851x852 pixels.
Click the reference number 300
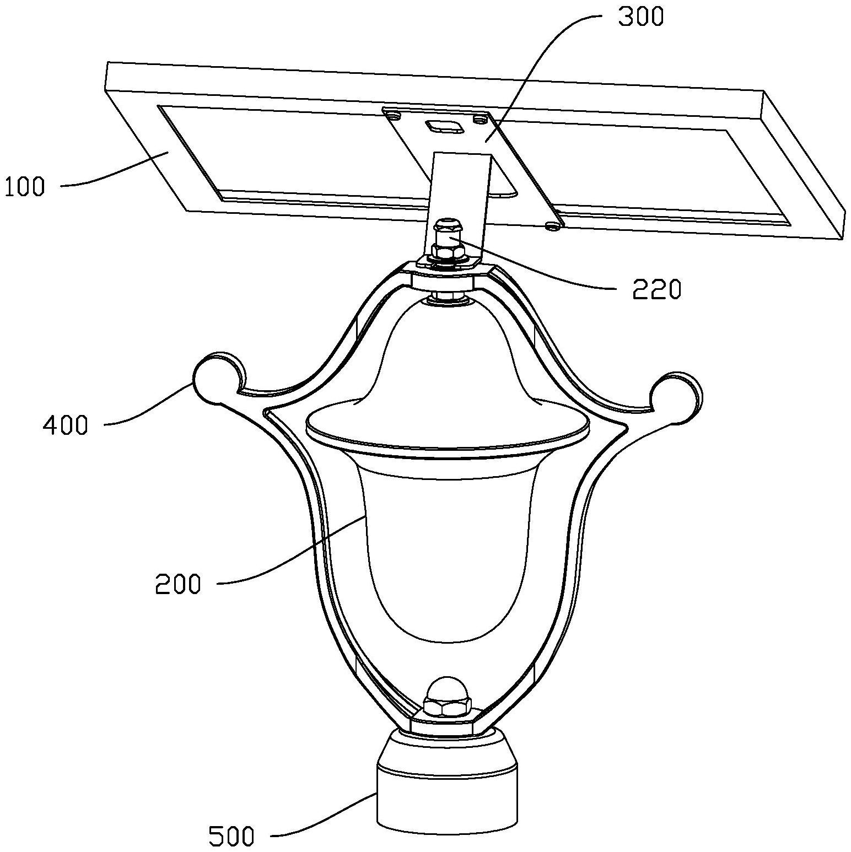click(x=640, y=17)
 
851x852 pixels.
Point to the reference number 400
click(x=66, y=425)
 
